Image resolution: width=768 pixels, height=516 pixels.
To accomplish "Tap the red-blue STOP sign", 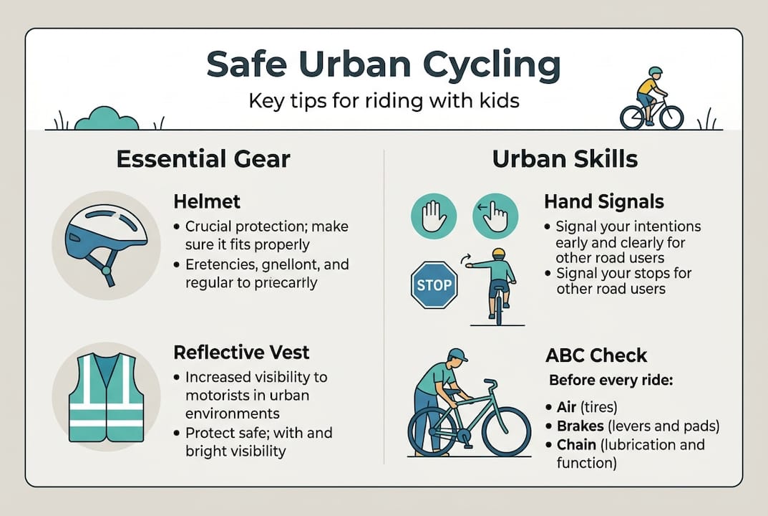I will pos(434,285).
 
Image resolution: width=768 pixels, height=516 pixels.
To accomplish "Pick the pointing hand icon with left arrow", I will pos(494,216).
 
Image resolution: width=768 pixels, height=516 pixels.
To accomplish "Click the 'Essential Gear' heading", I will pos(203,158).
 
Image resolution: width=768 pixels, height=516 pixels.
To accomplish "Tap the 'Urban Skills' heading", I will pos(565,158).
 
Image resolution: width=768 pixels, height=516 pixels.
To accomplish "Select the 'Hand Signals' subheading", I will pos(603,202).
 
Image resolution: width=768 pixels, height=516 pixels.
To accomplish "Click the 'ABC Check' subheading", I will pos(596,355).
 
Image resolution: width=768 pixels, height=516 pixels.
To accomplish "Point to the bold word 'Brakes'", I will pos(583,426).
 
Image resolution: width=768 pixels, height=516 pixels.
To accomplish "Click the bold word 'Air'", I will pos(566,408).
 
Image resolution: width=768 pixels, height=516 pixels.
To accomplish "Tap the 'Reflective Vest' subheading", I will pos(242,352).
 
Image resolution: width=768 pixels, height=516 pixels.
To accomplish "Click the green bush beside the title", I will pos(107,118).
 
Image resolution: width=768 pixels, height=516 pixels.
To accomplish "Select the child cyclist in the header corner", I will pos(651,100).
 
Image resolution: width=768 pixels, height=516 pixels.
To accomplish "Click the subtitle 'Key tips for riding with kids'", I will pos(383,100).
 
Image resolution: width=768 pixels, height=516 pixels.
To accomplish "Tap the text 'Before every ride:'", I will pos(610,380).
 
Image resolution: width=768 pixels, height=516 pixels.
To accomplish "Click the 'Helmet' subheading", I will pos(208,202).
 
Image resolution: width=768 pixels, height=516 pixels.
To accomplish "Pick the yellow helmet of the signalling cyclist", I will pos(499,254).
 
